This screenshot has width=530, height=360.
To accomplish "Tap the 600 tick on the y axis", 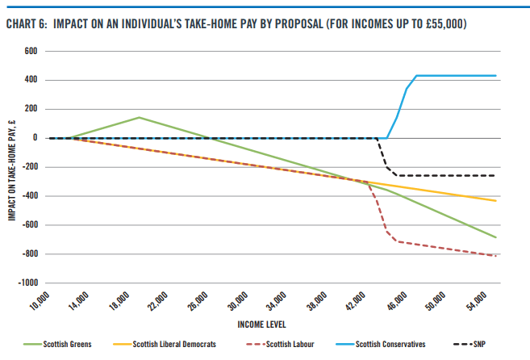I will (x=32, y=51).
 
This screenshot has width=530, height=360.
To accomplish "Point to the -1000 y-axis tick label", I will (x=27, y=283).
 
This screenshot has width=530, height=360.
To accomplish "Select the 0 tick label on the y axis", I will (x=36, y=138).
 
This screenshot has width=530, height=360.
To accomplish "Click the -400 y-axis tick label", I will (x=30, y=196).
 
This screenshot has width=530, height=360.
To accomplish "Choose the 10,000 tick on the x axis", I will (x=40, y=305).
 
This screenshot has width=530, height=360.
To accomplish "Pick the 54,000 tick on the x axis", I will (x=475, y=305).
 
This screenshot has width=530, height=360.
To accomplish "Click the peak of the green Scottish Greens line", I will (x=139, y=117).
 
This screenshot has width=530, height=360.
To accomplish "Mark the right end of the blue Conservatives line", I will (x=495, y=76).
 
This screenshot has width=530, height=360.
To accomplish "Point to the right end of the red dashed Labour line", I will (x=495, y=256).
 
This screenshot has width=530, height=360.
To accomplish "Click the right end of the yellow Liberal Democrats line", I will (x=495, y=200).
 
